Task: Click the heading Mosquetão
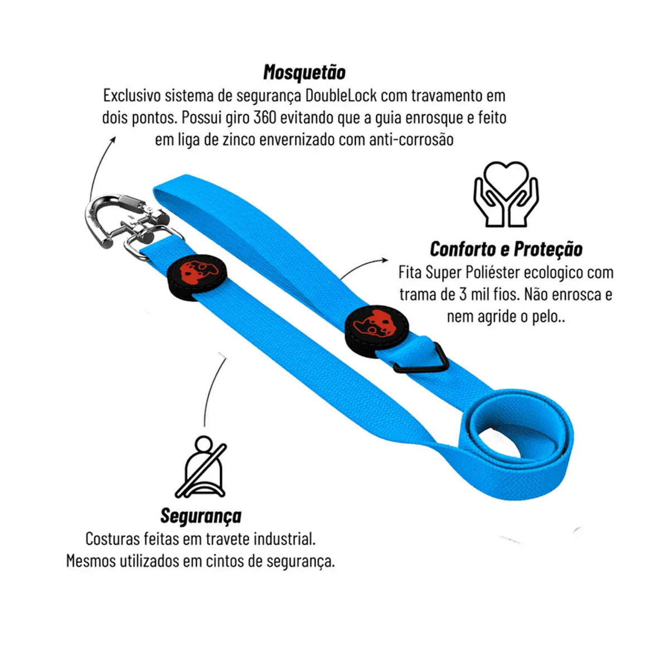click(x=304, y=72)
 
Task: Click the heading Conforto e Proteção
click(x=506, y=249)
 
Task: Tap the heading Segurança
click(x=201, y=516)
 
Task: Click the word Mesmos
click(x=90, y=561)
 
